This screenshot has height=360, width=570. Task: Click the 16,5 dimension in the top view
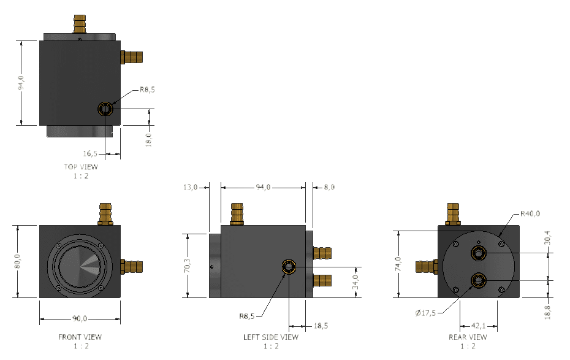(x=91, y=153)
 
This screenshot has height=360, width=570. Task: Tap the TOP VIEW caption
(x=80, y=167)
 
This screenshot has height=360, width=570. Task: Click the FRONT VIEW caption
(x=80, y=337)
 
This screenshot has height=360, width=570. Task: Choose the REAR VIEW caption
(x=468, y=337)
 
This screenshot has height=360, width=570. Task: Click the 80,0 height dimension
(x=18, y=261)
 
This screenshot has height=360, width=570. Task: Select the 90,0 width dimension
(x=80, y=318)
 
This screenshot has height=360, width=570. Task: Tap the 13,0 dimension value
(x=192, y=187)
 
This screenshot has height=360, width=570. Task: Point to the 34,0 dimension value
(x=355, y=283)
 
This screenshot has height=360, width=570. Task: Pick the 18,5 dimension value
(x=320, y=326)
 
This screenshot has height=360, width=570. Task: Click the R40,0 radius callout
(x=530, y=214)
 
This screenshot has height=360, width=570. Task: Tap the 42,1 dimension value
(x=478, y=326)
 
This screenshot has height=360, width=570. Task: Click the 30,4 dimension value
(x=547, y=239)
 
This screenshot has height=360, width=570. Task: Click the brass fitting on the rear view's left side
(x=427, y=267)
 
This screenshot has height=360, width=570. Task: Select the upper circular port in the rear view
(x=477, y=253)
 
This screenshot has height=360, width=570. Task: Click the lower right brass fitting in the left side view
(x=322, y=281)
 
